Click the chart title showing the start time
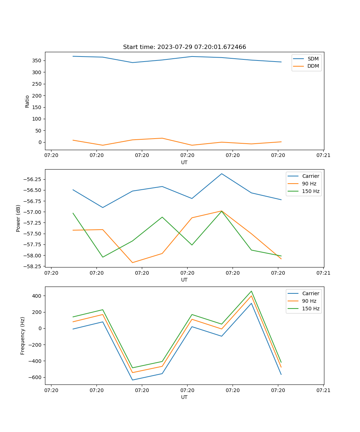184,47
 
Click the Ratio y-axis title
27,101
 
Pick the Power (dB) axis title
18,218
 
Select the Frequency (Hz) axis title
23,336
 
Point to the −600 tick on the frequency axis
35,377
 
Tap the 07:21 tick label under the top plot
323,156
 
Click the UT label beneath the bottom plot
184,397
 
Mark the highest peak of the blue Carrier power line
222,174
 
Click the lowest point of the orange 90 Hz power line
132,262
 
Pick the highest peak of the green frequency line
251,291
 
